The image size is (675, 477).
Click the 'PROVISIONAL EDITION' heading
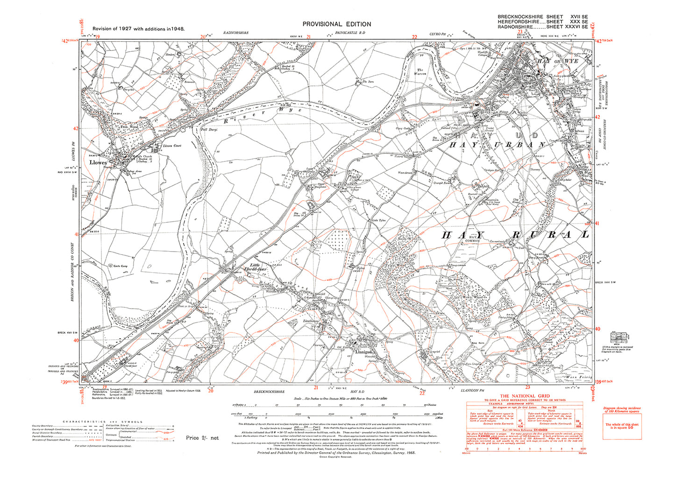pos(337,24)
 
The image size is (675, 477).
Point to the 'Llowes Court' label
pos(171,146)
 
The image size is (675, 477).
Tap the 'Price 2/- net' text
pos(202,438)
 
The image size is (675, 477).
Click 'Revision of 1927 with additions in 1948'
pos(138,29)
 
